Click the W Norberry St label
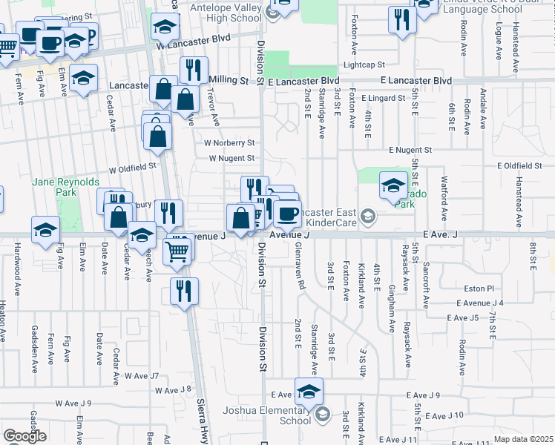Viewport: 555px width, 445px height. tap(231, 142)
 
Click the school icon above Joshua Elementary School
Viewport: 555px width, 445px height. tap(309, 390)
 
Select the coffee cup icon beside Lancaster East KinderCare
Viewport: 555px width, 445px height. tap(287, 214)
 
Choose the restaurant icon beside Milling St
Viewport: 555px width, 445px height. tap(193, 70)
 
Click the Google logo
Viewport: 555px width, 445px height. tap(24, 436)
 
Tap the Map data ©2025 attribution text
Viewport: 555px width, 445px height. tap(523, 439)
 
